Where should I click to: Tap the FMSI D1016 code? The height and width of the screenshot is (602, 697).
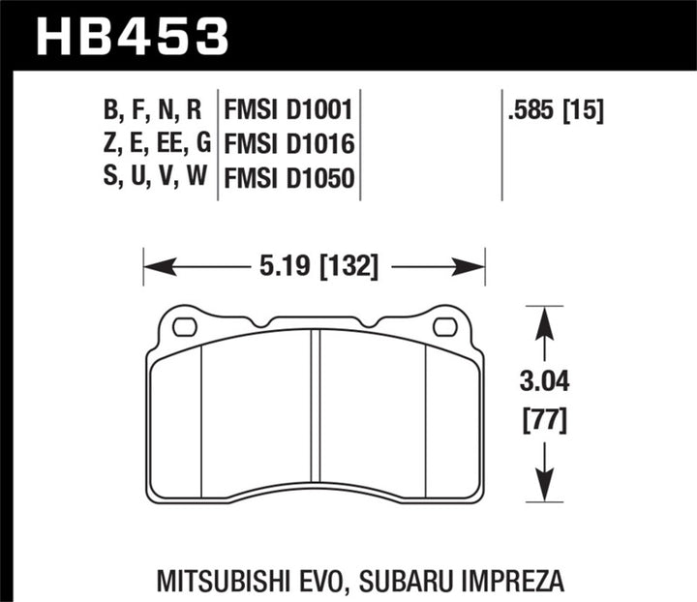[x=286, y=145]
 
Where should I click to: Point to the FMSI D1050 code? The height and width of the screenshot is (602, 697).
[x=286, y=179]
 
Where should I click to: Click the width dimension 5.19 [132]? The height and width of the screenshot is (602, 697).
[x=313, y=264]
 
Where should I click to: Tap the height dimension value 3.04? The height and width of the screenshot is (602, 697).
[x=546, y=385]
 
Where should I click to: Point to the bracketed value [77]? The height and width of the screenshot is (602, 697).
[x=546, y=422]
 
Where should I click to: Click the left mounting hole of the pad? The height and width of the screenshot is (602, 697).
[x=183, y=327]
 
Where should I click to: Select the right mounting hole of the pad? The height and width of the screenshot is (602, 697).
[x=445, y=327]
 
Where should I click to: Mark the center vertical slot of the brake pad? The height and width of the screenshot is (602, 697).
[x=315, y=416]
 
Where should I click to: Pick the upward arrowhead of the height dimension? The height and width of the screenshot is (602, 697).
[x=546, y=319]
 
